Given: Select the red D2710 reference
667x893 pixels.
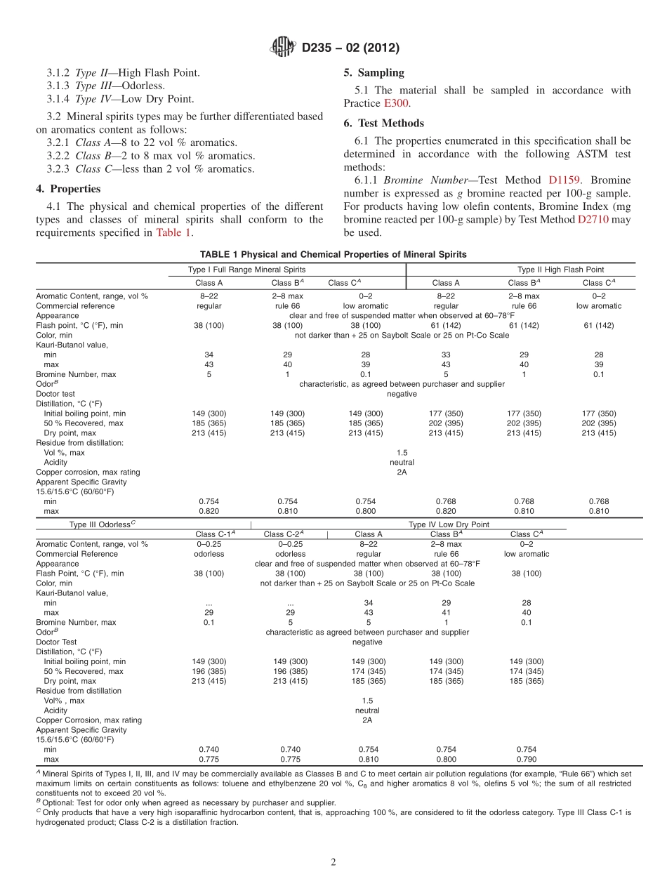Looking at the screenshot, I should [590, 220].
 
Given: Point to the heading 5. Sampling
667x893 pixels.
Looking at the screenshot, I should [374, 72].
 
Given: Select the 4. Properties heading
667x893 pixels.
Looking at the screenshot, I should [68, 189].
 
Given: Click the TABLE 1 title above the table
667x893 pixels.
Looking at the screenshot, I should [333, 254].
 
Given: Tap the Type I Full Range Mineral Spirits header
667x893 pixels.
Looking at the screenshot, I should [246, 270].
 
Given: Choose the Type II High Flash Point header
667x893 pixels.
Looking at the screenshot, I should [560, 270].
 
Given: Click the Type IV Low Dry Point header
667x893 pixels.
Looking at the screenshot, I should [449, 524].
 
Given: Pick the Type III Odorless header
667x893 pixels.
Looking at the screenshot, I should [103, 524].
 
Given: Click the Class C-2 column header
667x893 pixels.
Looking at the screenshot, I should [284, 534].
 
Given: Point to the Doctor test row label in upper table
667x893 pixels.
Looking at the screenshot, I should [55, 394].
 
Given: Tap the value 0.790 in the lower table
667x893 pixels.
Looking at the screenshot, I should [527, 760].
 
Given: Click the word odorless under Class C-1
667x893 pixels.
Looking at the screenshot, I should [209, 554].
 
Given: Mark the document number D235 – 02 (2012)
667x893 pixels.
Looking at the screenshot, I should [350, 48].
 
